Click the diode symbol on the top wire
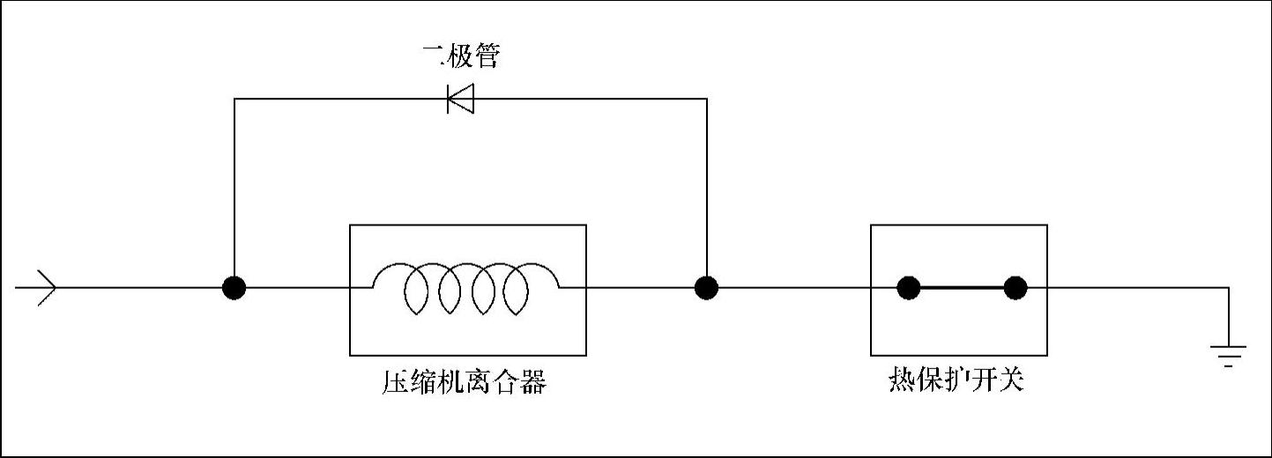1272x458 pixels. [460, 98]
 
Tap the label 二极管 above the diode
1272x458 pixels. [460, 56]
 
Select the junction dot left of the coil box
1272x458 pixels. [234, 288]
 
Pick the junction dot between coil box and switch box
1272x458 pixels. [706, 288]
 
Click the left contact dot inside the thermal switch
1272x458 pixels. [908, 288]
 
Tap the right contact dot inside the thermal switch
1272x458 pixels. [1015, 288]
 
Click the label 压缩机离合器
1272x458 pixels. [464, 383]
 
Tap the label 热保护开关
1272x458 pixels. [956, 381]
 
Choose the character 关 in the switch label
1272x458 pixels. [1011, 381]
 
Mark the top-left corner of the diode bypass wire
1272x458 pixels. [234, 99]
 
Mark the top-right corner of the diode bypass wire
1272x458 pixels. [706, 99]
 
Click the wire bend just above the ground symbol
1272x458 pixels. [1228, 288]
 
